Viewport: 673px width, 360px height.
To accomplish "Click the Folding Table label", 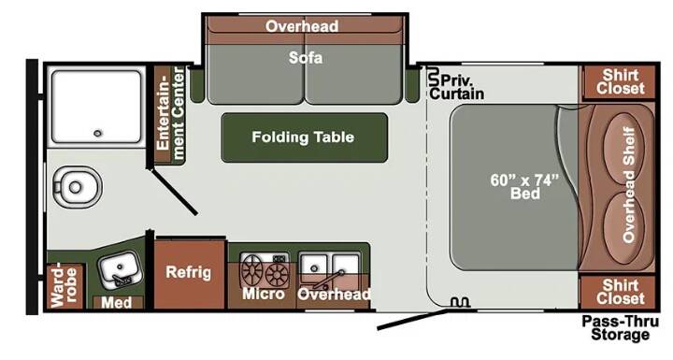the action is pos(303,137).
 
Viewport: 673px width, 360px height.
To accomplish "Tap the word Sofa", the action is pos(305,58).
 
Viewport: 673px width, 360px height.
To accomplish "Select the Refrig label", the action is pos(189,272).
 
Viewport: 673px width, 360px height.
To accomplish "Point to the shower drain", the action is pos(98,133).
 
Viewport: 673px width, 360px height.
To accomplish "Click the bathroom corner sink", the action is pos(119,269).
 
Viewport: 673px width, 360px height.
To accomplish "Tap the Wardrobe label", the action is pos(64,286).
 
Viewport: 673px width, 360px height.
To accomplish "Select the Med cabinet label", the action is pos(116,302).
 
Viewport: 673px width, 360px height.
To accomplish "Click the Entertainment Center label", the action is pos(170,114).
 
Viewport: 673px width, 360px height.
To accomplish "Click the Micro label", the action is pos(264,294).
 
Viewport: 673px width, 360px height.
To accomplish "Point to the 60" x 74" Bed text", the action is pos(525,186).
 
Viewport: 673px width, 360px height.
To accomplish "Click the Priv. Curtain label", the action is pos(457,87).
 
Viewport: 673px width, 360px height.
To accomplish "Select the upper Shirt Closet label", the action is pos(621,81).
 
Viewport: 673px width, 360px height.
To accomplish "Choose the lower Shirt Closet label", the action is pos(621,292).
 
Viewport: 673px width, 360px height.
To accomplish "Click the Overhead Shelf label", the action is pos(629,185).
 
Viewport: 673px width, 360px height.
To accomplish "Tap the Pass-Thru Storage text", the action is pos(620,328).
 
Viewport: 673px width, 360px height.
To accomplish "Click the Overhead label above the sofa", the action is pos(302,26).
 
